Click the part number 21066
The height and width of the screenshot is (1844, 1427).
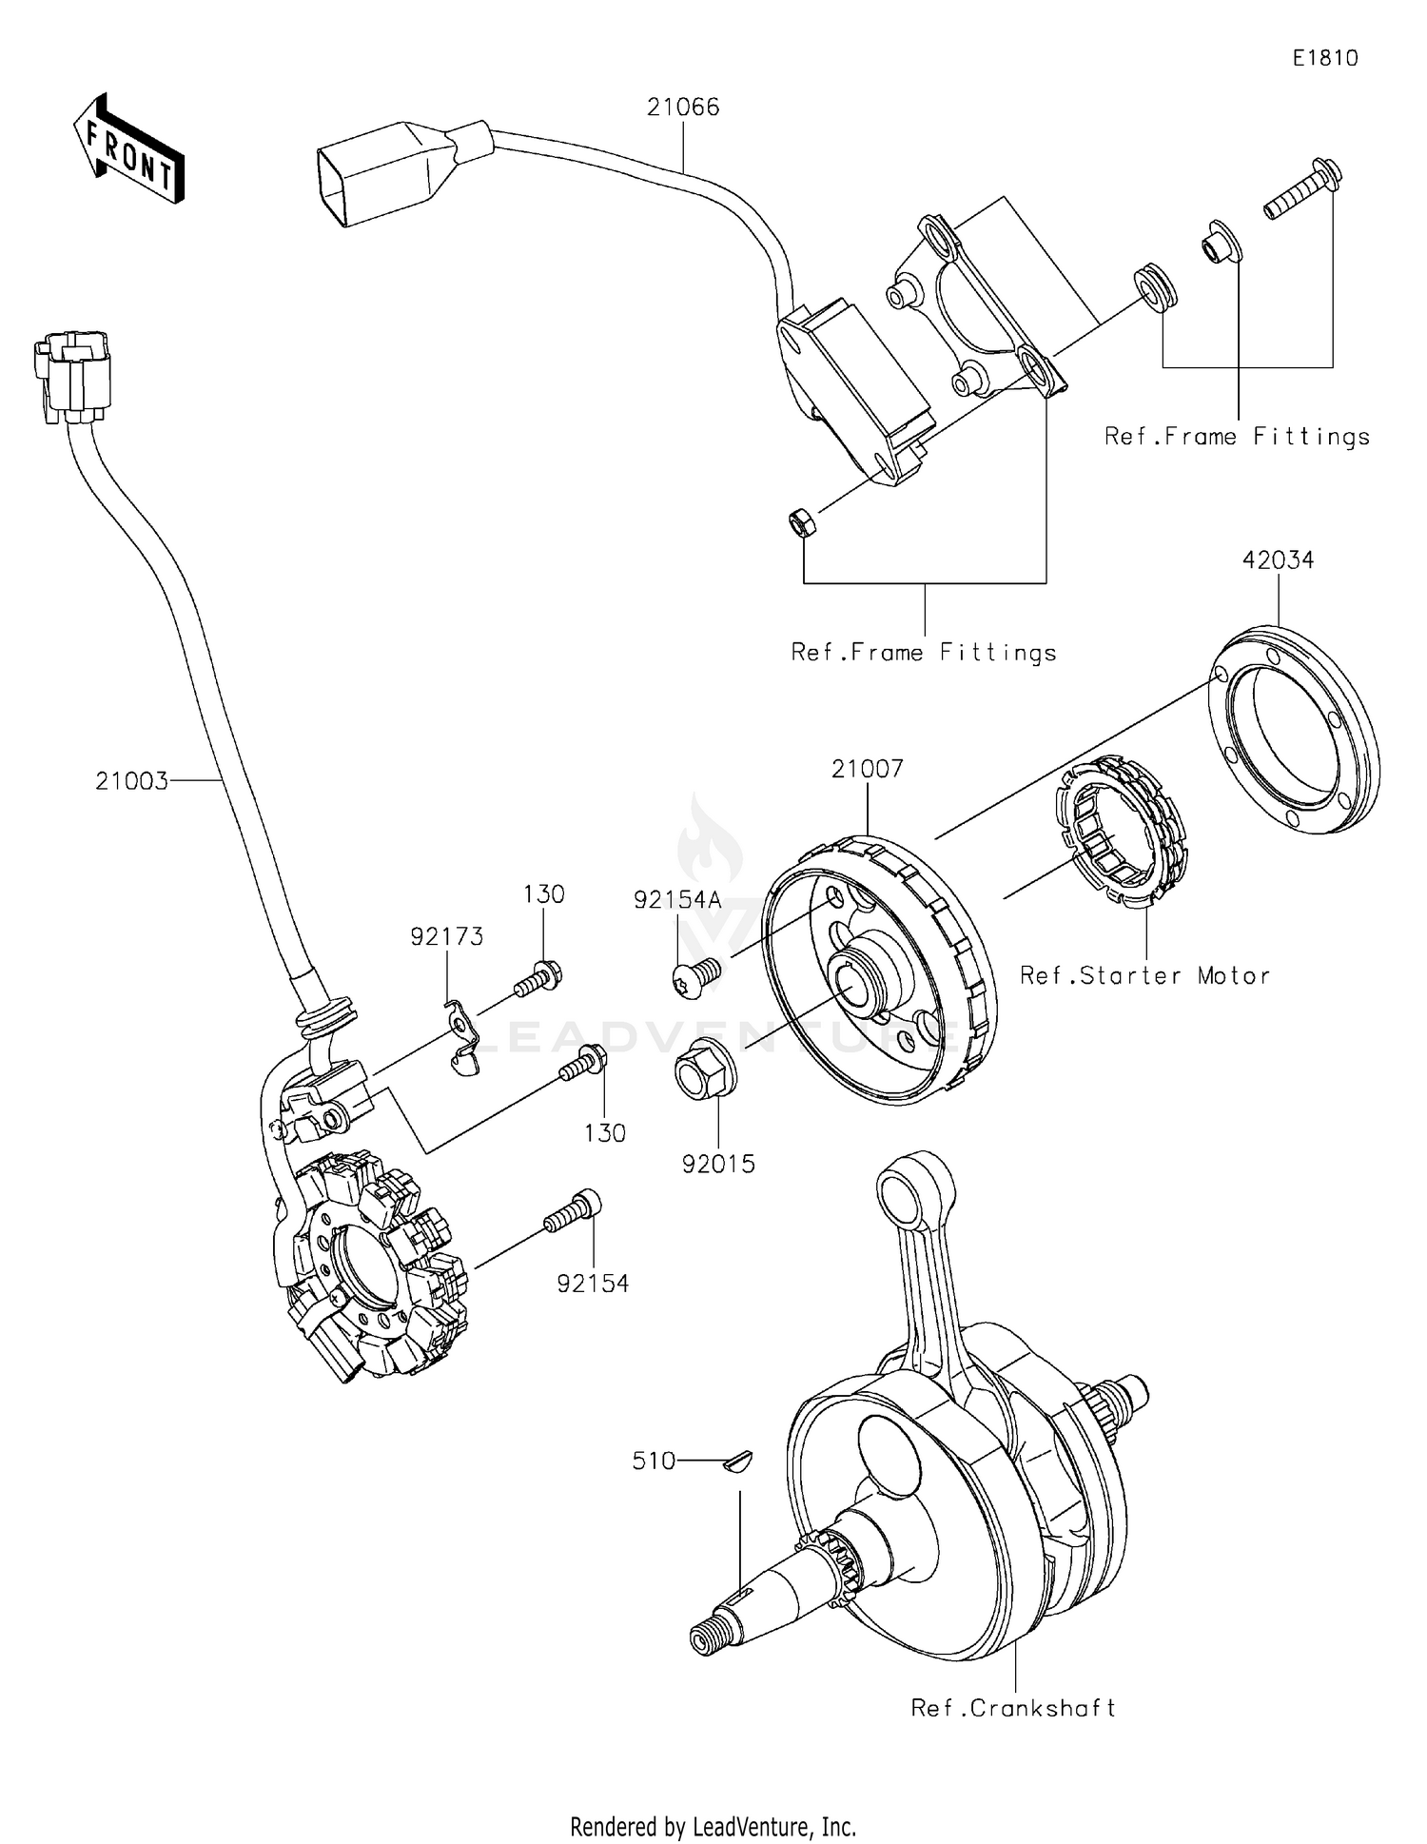coord(683,108)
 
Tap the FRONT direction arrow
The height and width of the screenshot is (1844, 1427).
coord(129,150)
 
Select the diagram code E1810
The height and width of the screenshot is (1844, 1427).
coord(1324,58)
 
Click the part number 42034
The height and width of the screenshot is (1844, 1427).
coord(1278,560)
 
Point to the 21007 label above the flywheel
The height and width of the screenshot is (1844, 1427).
coord(867,769)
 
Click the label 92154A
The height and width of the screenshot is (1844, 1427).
coord(678,900)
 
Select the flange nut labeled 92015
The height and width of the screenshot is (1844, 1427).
coord(705,1075)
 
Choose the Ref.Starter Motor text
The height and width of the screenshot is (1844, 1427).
coord(1144,975)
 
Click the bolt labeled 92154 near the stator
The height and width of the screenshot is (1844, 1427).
coord(573,1211)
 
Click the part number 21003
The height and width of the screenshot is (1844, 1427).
coord(131,781)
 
